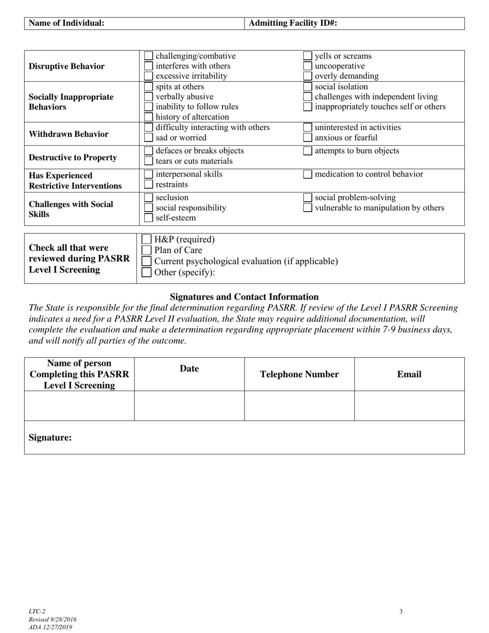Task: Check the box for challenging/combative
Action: click(148, 56)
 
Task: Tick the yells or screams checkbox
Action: click(307, 56)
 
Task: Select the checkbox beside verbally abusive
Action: click(148, 97)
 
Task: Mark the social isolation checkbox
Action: click(307, 86)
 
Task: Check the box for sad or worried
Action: click(148, 137)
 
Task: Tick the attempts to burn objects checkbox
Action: click(307, 151)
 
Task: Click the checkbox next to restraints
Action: click(148, 184)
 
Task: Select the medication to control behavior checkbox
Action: click(307, 174)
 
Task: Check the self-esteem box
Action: click(148, 218)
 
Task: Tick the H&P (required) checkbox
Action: click(147, 239)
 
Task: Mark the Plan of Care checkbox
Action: click(147, 251)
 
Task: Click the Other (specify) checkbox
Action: click(147, 272)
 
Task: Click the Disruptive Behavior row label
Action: click(66, 66)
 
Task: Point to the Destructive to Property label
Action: click(73, 157)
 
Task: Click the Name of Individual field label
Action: click(66, 23)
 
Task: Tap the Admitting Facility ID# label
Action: click(293, 23)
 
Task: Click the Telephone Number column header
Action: click(299, 374)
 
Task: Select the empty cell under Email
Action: click(409, 406)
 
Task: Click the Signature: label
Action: click(50, 437)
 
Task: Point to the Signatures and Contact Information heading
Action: click(244, 297)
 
